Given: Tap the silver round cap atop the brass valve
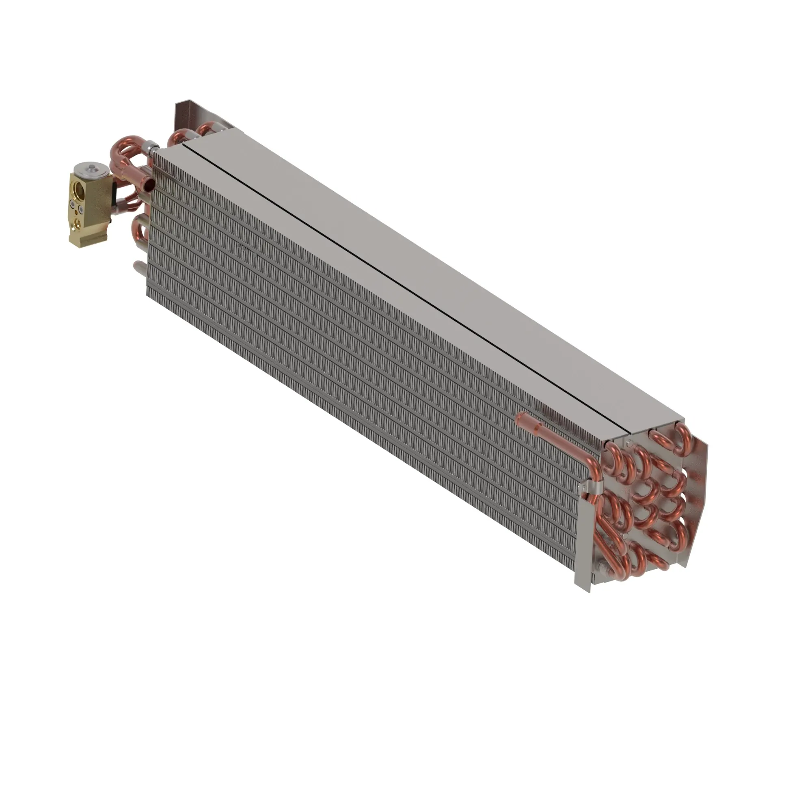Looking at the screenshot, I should pyautogui.click(x=91, y=169).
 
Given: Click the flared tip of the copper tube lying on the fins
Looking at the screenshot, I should pyautogui.click(x=521, y=418).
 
